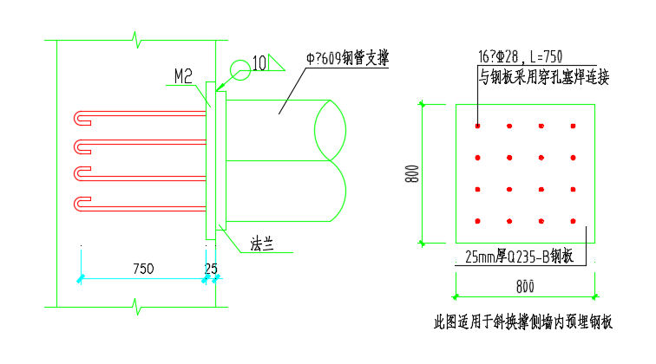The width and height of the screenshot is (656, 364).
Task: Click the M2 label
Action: click(182, 77)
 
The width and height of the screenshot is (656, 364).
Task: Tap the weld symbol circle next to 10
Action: click(239, 69)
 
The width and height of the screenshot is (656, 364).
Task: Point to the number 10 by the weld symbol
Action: click(259, 63)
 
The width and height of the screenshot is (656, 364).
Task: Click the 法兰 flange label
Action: click(262, 244)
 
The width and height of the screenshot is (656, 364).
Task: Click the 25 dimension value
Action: click(211, 269)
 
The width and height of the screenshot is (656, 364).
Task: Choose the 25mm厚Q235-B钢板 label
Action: click(520, 257)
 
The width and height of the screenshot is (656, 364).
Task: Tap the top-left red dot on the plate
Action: click(478, 127)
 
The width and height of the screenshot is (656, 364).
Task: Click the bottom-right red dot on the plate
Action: click(573, 221)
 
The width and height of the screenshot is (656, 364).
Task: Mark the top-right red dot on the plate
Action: click(573, 127)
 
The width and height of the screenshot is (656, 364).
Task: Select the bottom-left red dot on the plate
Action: click(478, 221)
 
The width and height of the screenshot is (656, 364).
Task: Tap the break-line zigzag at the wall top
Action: click(135, 39)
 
